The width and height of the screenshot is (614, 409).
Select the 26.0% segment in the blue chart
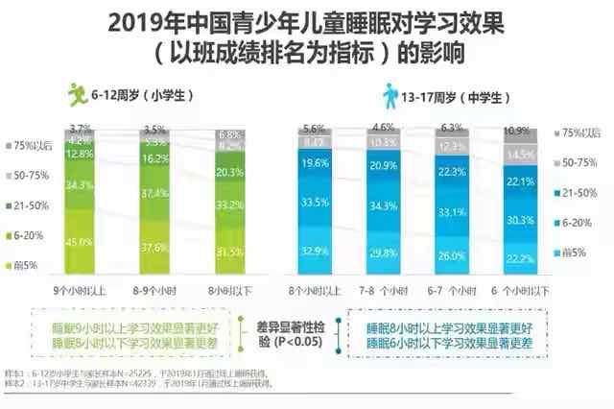pyautogui.click(x=449, y=255)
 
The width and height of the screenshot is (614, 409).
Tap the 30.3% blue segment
pyautogui.click(x=520, y=220)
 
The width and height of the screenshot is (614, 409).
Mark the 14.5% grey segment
pyautogui.click(x=520, y=155)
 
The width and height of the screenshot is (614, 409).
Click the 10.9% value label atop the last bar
pyautogui.click(x=520, y=130)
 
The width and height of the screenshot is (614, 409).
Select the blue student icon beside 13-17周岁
pyautogui.click(x=392, y=95)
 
